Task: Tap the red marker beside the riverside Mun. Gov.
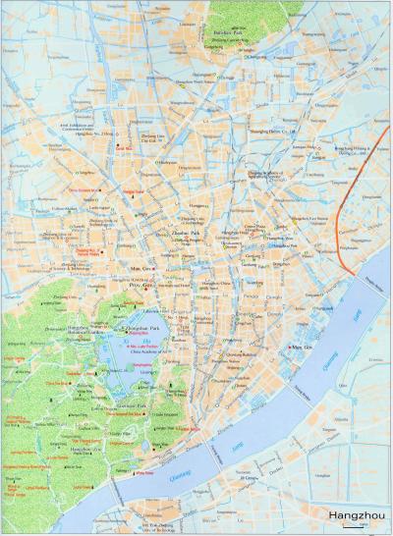tap(285, 348)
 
